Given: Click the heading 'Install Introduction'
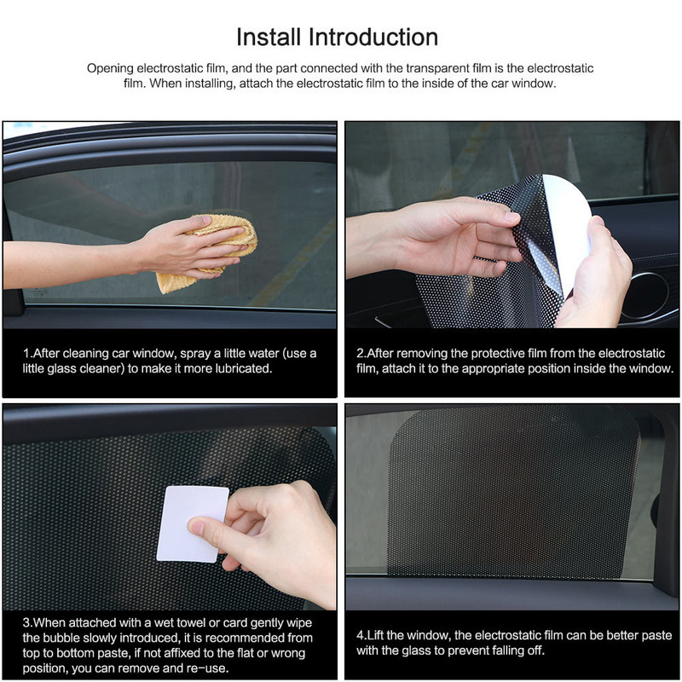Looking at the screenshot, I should coord(337,38).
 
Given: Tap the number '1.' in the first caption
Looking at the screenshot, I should coord(27,353).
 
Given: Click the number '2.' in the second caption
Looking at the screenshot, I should coord(361,353).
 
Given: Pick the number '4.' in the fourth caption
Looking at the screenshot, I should coord(361,634).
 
